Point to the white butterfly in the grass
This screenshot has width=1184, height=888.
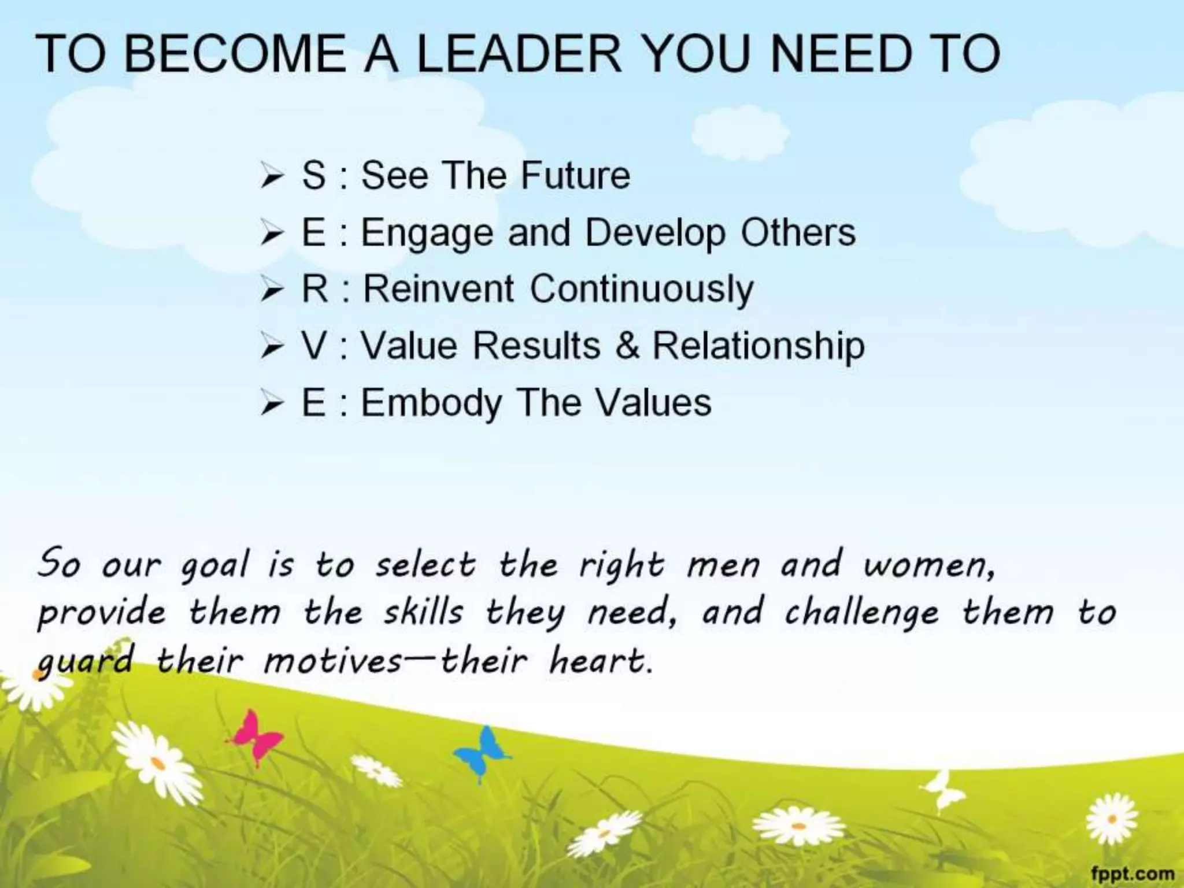943,789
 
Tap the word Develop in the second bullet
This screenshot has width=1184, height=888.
655,233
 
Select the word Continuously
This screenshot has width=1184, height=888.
642,290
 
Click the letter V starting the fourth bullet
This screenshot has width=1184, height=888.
314,346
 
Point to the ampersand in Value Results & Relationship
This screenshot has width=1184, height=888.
627,346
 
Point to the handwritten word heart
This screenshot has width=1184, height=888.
600,661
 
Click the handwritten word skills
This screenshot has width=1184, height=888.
424,612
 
